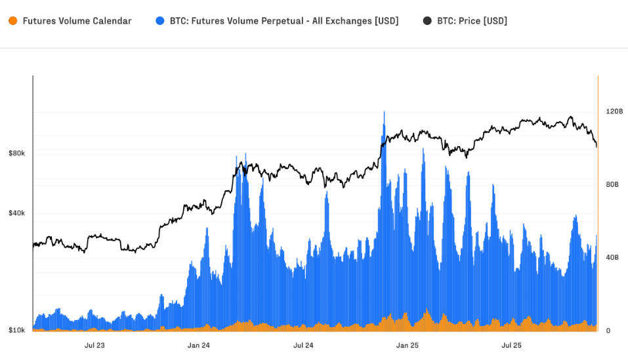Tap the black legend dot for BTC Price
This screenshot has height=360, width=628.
tap(427, 21)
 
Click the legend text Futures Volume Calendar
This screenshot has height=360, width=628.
tap(77, 21)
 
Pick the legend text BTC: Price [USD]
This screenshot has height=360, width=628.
tap(472, 21)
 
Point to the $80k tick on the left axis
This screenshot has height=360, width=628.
tap(16, 153)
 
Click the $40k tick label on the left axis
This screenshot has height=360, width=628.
tap(16, 214)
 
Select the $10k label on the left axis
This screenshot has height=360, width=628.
tap(16, 330)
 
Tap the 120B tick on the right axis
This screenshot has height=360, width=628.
tap(614, 111)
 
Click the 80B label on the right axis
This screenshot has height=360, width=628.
tap(611, 185)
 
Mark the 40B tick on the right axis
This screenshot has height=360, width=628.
tap(611, 258)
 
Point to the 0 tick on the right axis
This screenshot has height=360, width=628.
tap(608, 330)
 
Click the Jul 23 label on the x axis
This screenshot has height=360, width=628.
tap(94, 345)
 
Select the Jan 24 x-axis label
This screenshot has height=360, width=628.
tap(198, 345)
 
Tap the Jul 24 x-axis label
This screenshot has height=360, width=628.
tap(303, 345)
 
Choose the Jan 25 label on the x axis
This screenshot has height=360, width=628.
tap(408, 345)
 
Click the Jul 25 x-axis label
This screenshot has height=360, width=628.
tap(511, 345)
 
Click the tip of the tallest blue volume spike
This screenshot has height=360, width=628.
tap(384, 112)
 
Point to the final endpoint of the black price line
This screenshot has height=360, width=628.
tap(597, 147)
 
